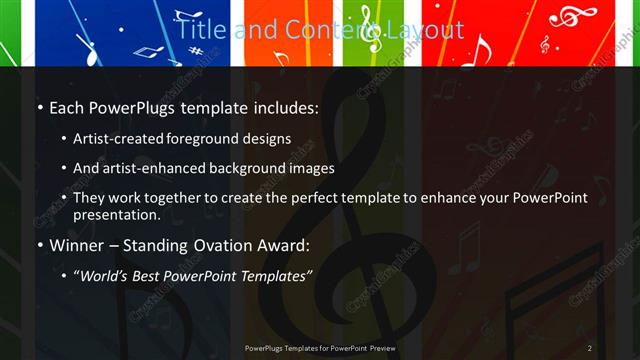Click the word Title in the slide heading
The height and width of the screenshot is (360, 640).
[x=200, y=31]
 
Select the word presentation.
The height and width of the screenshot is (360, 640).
[x=116, y=214]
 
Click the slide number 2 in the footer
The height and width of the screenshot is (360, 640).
[x=589, y=348]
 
